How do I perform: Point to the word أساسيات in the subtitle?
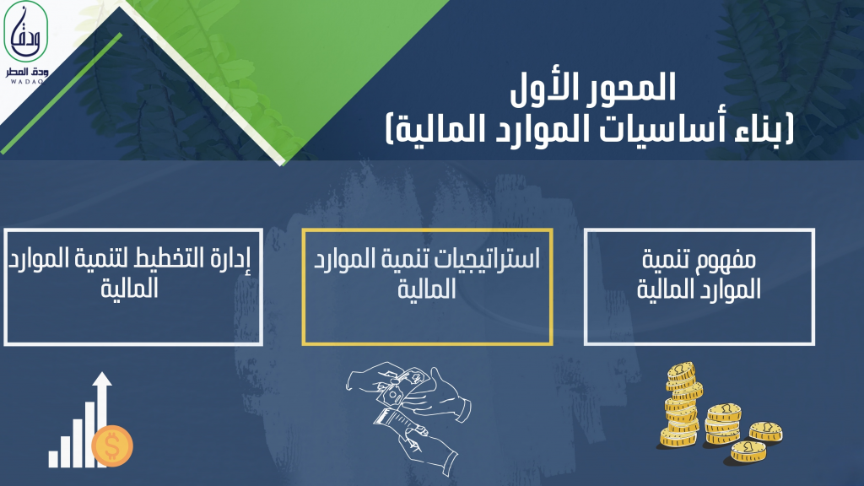665,129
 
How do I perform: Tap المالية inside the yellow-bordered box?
427,289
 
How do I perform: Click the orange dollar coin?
112,445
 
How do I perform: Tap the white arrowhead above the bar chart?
102,380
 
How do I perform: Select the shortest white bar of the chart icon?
53,458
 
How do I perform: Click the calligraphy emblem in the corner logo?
26,31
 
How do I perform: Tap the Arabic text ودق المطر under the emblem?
27,72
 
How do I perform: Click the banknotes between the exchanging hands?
401,386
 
